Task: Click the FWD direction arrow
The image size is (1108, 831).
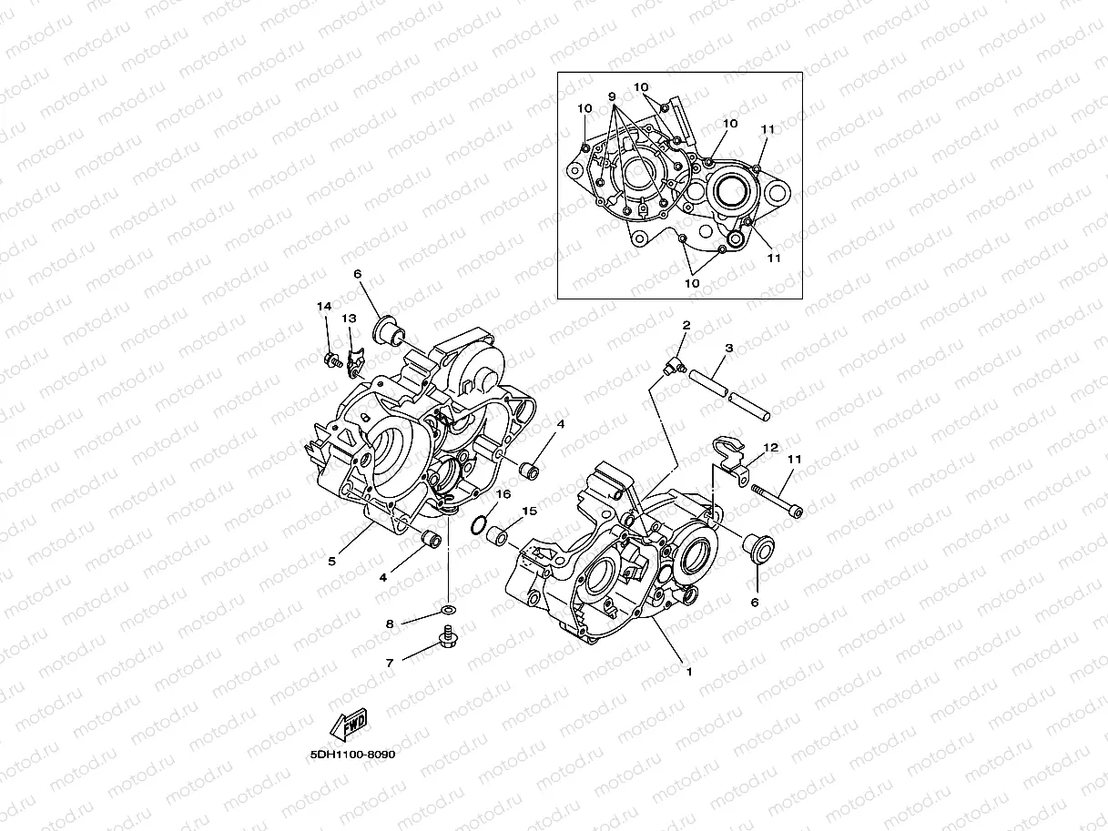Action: click(349, 725)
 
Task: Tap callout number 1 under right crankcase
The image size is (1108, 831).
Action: click(689, 673)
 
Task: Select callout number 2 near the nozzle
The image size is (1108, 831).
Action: click(686, 325)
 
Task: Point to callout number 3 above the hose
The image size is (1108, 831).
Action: click(729, 348)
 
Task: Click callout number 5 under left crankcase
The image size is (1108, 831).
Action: click(331, 562)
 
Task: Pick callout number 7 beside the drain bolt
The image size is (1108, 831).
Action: click(390, 664)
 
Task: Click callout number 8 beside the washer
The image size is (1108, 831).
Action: click(390, 624)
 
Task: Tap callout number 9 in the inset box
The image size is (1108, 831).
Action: click(612, 96)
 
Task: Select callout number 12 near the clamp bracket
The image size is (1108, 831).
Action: click(770, 448)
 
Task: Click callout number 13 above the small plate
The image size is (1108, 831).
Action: click(348, 319)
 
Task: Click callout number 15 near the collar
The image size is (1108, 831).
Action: click(529, 512)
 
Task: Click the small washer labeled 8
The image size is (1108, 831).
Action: click(447, 608)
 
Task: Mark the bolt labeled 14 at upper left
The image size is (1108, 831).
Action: click(330, 360)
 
